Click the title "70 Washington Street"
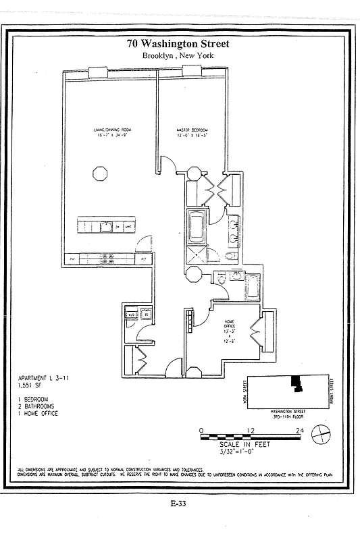(178, 44)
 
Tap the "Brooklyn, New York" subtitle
(178, 56)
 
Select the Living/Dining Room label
(111, 132)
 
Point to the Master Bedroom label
(192, 132)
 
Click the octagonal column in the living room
(99, 173)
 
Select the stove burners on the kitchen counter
(106, 258)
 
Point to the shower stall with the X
(197, 254)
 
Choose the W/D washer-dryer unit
(132, 314)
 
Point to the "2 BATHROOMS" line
(38, 406)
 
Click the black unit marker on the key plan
(296, 383)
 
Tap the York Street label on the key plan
(245, 393)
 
